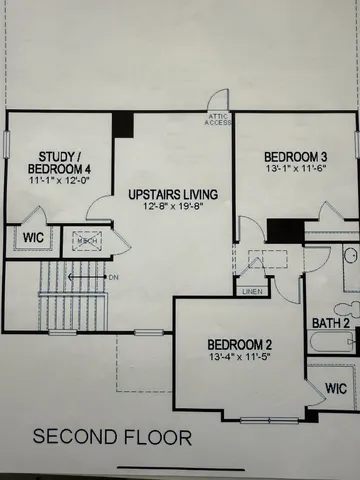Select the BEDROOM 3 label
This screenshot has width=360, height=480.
(296, 157)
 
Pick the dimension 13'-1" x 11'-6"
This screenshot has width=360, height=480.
(296, 172)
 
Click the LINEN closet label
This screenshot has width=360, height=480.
(252, 291)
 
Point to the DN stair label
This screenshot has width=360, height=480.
(114, 276)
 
